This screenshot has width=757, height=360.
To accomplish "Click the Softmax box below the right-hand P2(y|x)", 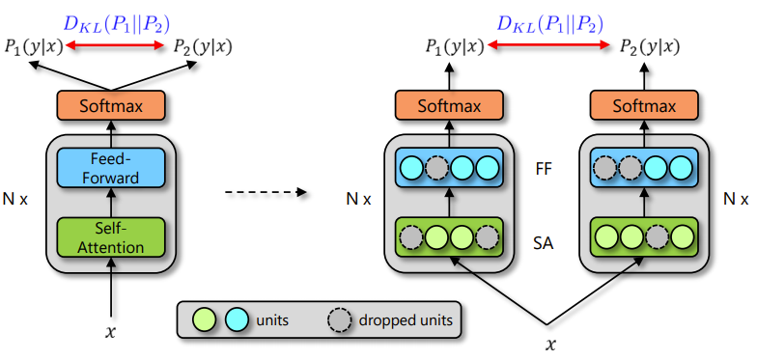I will click(642, 105).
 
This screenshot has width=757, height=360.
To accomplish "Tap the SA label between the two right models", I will click(544, 235).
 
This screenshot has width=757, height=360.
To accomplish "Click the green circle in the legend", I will click(204, 318).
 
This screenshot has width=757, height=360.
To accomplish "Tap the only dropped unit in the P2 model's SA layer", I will click(656, 235).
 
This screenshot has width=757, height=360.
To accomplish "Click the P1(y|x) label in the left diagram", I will click(31, 45).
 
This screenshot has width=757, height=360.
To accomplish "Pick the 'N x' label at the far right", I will click(737, 200).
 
